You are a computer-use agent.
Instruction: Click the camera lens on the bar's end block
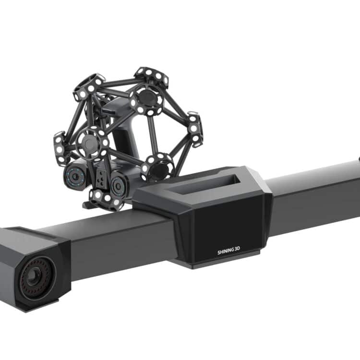click(34, 277)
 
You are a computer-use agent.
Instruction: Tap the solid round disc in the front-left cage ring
click(90, 142)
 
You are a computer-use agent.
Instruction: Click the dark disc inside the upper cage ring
click(147, 98)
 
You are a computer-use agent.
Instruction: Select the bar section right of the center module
click(312, 192)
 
